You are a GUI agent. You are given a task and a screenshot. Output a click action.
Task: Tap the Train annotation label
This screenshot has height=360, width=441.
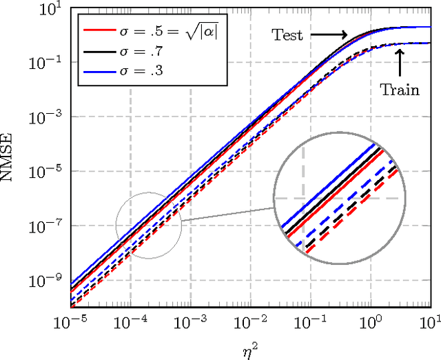(x=400, y=89)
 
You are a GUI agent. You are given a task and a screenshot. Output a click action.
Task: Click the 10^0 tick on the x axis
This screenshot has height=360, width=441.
(x=371, y=323)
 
